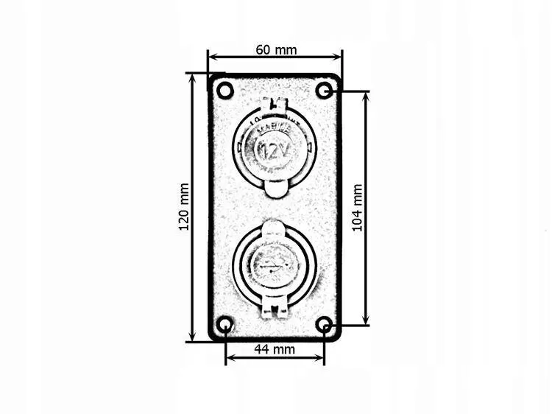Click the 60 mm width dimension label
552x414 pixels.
[276, 50]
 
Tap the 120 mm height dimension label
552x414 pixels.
[184, 207]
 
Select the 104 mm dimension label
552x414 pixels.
[357, 208]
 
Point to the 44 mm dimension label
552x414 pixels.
[274, 349]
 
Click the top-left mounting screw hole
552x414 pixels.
[225, 91]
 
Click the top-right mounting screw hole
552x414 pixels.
[324, 91]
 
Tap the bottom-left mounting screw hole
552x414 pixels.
[225, 325]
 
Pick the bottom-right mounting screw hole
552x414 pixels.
[324, 325]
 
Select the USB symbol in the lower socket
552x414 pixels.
[274, 264]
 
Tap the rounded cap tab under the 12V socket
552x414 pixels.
[274, 189]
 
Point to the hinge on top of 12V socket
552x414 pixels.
[275, 105]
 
